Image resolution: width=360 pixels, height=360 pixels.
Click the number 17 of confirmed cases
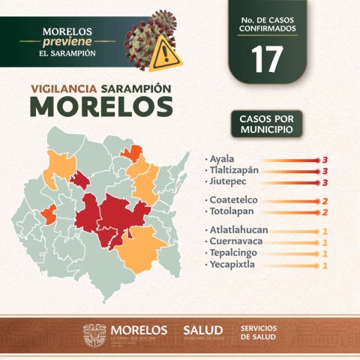point(268,59)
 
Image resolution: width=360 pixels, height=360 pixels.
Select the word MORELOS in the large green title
point(101,107)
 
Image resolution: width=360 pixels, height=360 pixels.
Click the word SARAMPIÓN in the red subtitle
point(138,88)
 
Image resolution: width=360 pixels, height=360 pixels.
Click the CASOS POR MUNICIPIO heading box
point(266,124)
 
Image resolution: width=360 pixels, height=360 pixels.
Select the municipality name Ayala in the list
point(223,160)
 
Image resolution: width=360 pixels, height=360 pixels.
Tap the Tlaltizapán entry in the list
point(234,170)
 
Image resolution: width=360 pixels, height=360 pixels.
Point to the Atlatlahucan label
point(241,230)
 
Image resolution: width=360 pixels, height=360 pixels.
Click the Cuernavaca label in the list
point(238,241)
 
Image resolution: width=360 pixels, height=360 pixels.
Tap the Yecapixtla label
point(235,265)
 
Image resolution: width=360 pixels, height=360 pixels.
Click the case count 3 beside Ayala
point(325,160)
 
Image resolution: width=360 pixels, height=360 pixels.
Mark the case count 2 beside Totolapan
point(325,212)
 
